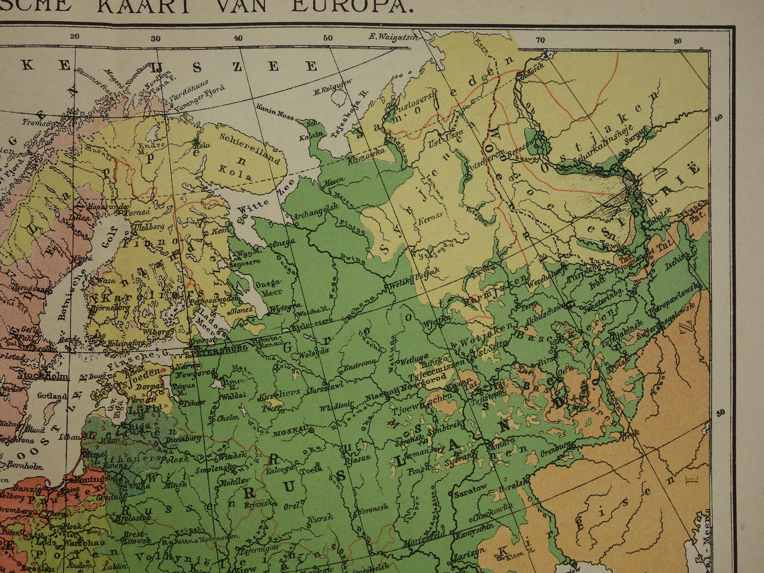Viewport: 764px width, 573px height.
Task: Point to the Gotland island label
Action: [x=52, y=395]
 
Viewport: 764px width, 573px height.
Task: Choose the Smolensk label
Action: [x=211, y=468]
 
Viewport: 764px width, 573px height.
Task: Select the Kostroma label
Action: [x=360, y=365]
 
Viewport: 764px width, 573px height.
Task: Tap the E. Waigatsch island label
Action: [x=393, y=36]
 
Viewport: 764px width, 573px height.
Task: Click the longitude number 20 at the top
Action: [x=74, y=36]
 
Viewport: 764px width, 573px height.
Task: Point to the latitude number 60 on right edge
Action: [x=718, y=118]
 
